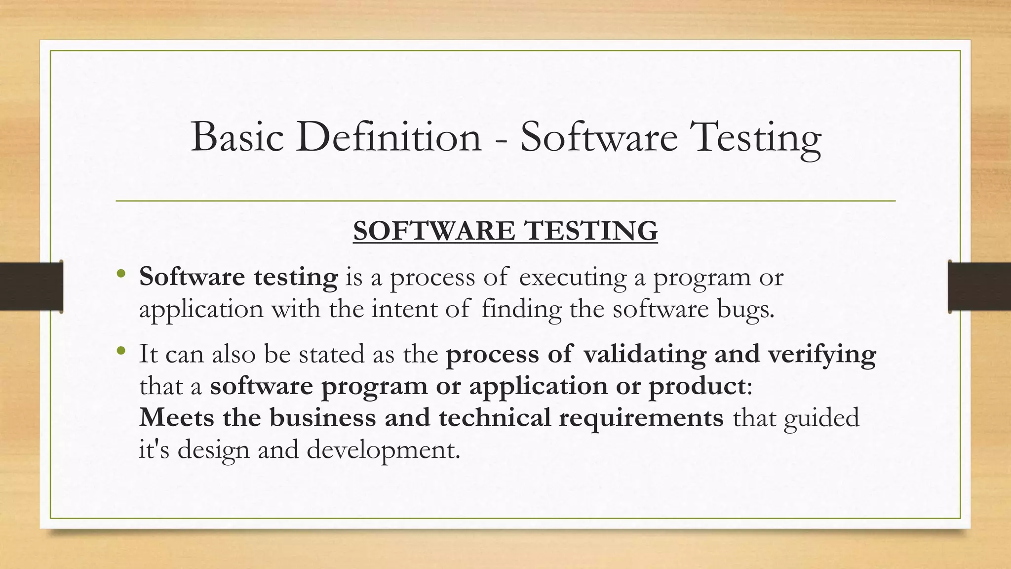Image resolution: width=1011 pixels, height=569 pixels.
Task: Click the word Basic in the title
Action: [237, 137]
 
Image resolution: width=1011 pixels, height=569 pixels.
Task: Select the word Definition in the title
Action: [389, 137]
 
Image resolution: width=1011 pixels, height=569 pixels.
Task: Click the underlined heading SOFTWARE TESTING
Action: [505, 231]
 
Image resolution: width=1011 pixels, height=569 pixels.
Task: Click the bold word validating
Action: [644, 355]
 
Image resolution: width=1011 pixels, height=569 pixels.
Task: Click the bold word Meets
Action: [176, 417]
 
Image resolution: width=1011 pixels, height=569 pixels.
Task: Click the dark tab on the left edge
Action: [31, 286]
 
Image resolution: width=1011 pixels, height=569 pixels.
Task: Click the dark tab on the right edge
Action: [979, 286]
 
